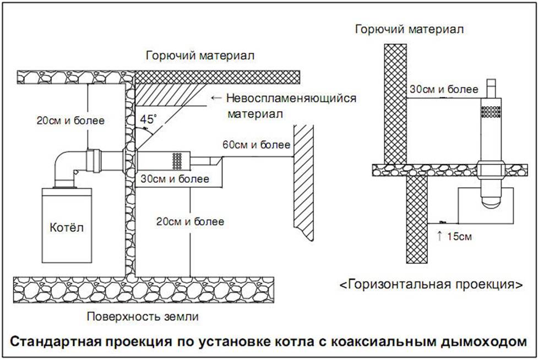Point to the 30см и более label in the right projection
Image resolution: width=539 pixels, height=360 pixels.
(435, 89)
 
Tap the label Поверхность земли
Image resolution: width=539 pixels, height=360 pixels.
(143, 317)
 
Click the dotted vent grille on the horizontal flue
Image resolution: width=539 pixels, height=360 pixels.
(178, 161)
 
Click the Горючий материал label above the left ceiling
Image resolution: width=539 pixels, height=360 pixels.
(199, 56)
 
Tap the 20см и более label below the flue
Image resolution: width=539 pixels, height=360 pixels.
(190, 222)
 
